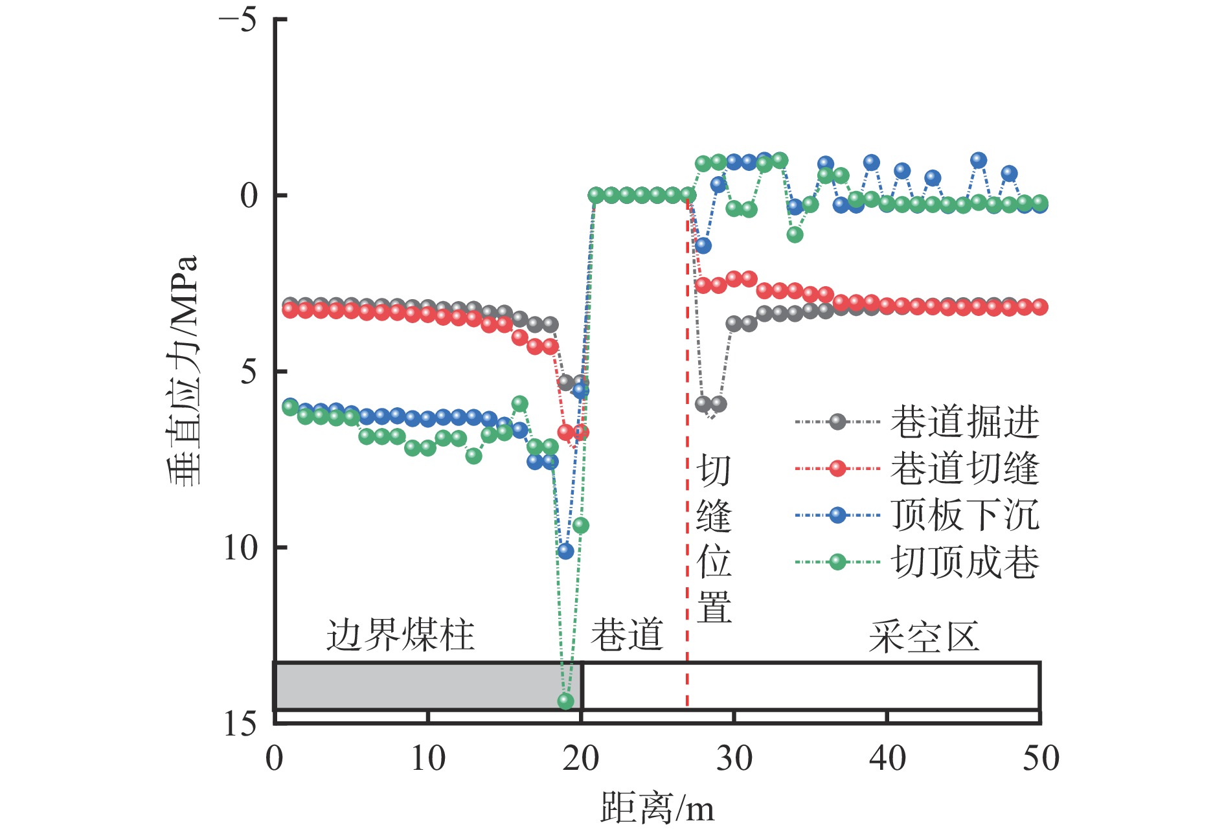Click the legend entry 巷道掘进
(x=964, y=422)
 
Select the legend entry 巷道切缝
(x=964, y=469)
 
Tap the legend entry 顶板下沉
(x=964, y=515)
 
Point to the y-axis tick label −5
(x=238, y=20)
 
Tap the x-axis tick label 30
(x=734, y=758)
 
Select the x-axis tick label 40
(x=887, y=758)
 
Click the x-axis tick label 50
(x=1041, y=758)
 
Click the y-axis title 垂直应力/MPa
(x=182, y=370)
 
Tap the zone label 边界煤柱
(x=400, y=635)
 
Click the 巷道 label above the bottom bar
(x=626, y=635)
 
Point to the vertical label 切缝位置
(x=714, y=539)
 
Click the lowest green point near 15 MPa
(x=565, y=701)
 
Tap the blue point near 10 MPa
(x=565, y=551)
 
